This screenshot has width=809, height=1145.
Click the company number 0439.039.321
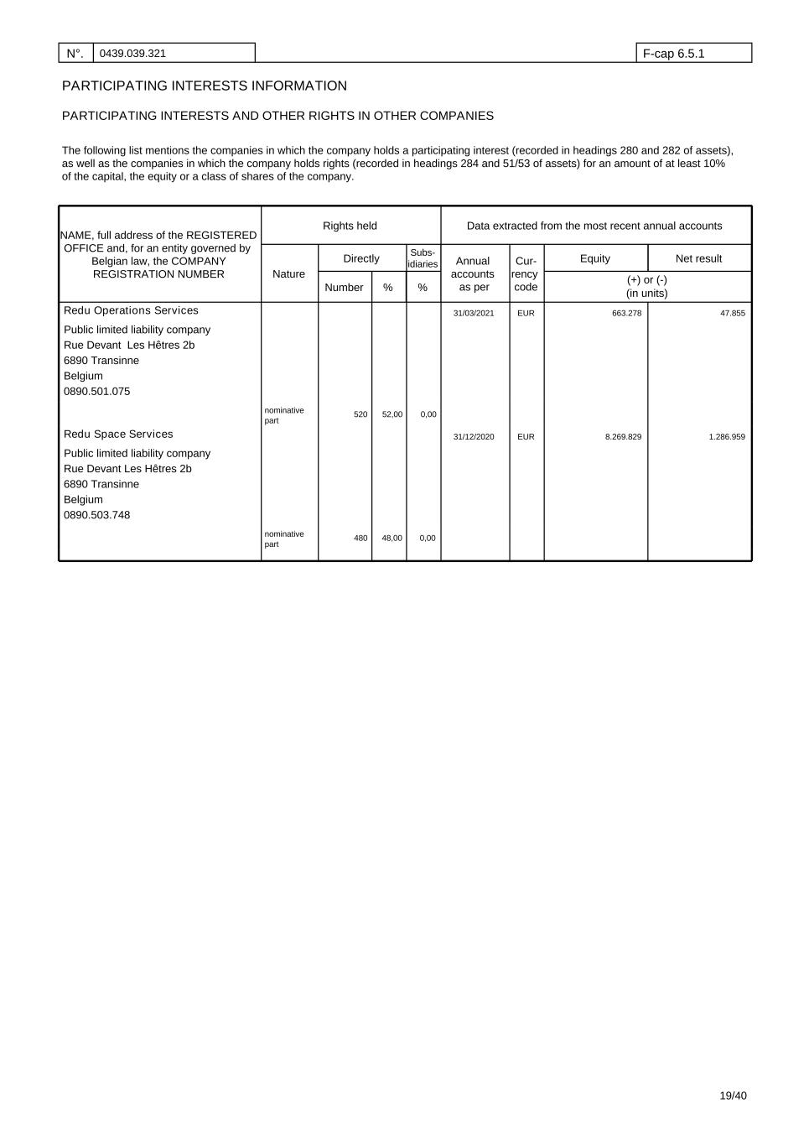pos(132,54)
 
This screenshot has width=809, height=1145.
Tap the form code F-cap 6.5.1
pos(673,54)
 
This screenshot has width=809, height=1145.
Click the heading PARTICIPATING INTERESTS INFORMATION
pos(205,86)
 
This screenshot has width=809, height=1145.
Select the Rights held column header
pos(350,226)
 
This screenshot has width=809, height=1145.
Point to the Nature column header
pos(288,274)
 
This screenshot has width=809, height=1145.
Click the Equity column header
pos(595,258)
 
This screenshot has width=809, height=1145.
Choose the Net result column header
pos(698,258)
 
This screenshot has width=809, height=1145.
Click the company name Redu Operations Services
pos(131,310)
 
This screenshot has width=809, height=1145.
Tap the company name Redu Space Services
pos(118,434)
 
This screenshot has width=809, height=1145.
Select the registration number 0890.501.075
pos(97,391)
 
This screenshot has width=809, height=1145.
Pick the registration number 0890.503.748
pos(97,515)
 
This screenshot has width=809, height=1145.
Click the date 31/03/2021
pos(474,314)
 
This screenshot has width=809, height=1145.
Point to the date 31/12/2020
pos(474,437)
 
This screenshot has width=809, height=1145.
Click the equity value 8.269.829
pos(623,437)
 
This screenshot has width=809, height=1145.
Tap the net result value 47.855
pos(732,314)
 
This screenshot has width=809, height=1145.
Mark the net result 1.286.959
pos(726,437)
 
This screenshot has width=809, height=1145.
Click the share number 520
pos(360,414)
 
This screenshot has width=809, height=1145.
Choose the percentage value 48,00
pos(392,539)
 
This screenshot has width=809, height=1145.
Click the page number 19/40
pos(733,1096)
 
